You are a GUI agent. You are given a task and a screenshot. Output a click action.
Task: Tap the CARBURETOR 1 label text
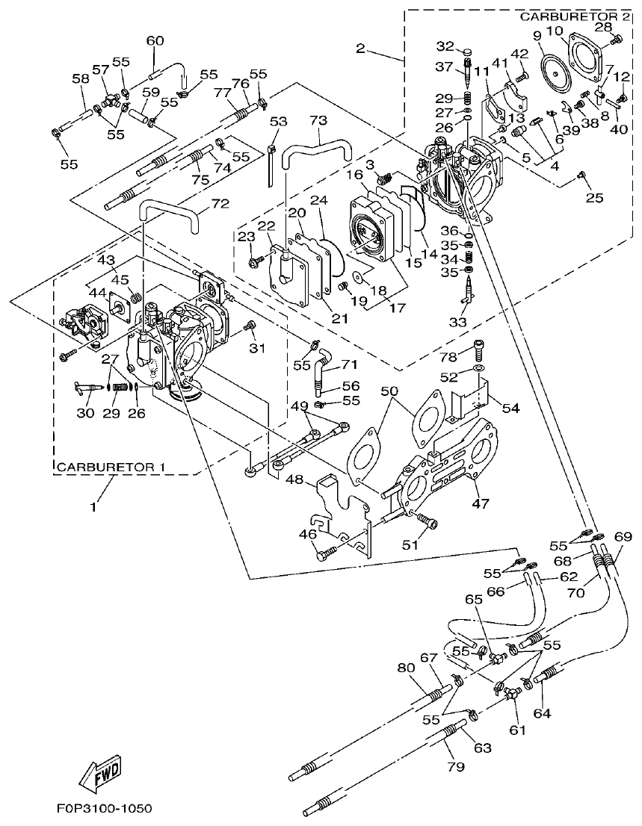[110, 468]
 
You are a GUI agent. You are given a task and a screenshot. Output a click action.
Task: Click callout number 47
[480, 504]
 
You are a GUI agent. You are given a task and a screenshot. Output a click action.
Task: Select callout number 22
[266, 226]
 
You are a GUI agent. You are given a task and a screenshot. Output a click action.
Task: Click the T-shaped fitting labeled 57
[111, 99]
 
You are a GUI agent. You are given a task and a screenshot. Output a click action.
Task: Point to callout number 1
[93, 507]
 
